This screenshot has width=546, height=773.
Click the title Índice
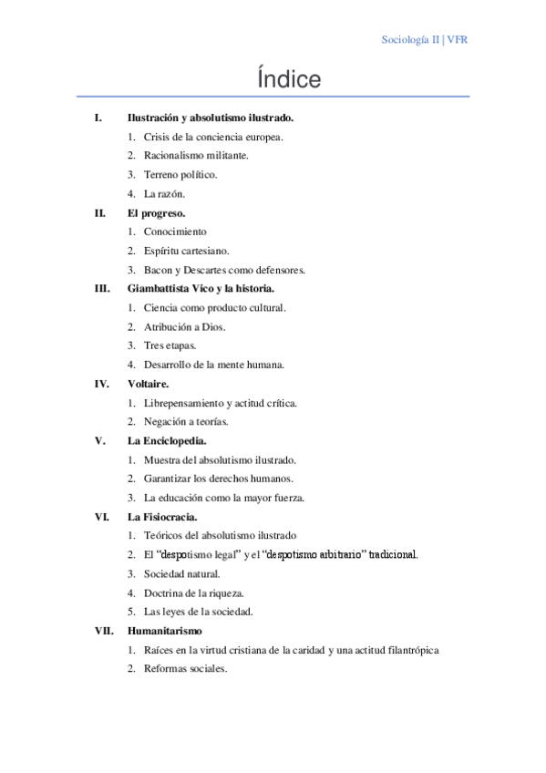(289, 80)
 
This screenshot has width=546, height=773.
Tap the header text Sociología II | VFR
(424, 40)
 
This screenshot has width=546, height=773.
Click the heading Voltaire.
(148, 384)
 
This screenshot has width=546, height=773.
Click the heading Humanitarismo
(165, 630)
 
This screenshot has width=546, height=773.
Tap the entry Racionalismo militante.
(195, 156)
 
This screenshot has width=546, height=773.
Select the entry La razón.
(164, 193)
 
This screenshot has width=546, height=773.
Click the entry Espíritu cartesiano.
(186, 251)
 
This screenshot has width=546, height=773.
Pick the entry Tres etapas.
(170, 345)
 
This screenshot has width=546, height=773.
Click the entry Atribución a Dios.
(184, 326)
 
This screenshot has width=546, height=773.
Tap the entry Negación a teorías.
(186, 421)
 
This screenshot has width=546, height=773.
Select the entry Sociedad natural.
(181, 573)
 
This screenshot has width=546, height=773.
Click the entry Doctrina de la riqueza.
(193, 593)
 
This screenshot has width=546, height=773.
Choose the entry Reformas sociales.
(185, 668)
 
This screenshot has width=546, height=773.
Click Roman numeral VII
(103, 630)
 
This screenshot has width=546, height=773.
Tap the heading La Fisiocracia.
(162, 517)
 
